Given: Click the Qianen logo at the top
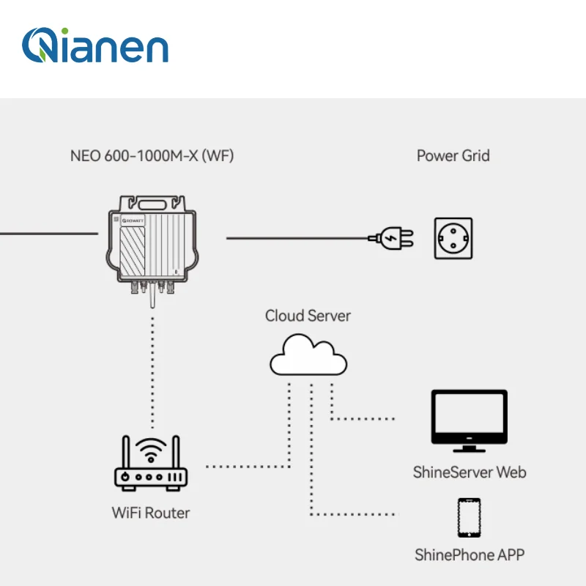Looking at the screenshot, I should [x=95, y=45].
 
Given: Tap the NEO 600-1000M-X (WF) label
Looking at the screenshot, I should [x=152, y=156].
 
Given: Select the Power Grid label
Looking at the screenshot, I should [x=453, y=156].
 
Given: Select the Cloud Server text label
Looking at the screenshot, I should [x=308, y=316].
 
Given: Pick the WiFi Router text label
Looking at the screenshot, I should [x=151, y=513].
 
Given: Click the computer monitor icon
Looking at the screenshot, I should [x=469, y=418].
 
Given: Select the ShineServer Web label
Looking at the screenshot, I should [x=470, y=472].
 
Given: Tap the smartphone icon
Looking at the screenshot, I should [x=469, y=518].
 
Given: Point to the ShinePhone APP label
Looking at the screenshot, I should [x=470, y=555].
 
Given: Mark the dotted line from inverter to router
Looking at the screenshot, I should [x=152, y=366].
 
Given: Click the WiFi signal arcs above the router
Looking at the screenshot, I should [x=152, y=449].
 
